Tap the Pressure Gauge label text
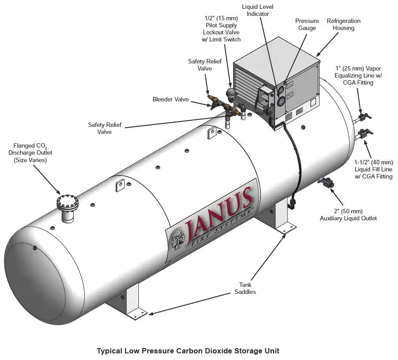(307, 25)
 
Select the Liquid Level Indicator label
(255, 11)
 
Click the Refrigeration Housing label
(343, 24)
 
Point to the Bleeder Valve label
(171, 100)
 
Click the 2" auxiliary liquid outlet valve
(327, 183)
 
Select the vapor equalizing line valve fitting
(364, 116)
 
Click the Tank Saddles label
(245, 288)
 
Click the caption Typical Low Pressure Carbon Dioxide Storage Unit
(188, 351)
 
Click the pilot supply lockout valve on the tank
(230, 93)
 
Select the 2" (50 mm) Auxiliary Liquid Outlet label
(348, 215)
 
